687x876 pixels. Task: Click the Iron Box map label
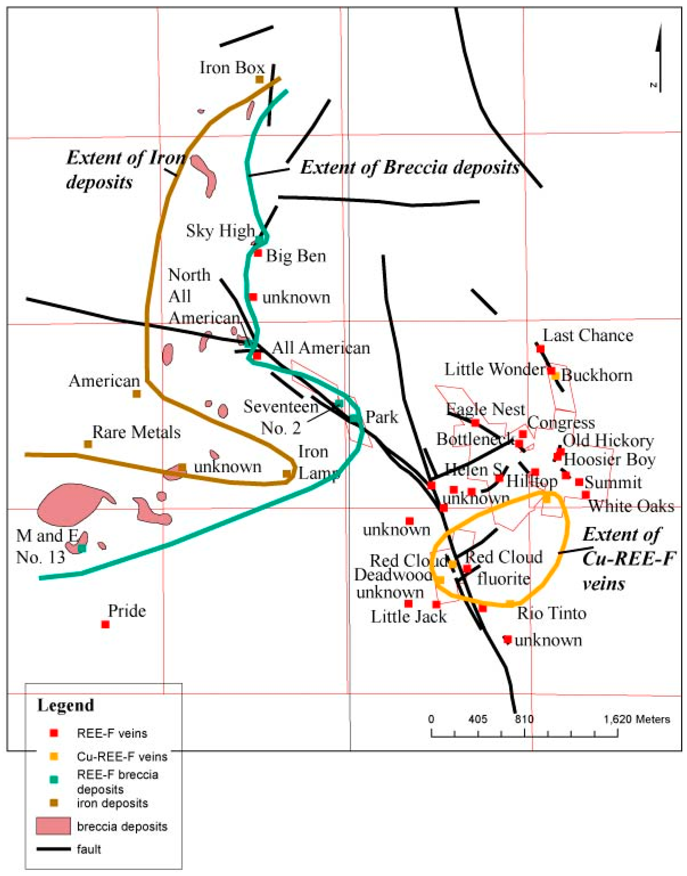[x=232, y=68]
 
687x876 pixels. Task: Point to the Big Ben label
[x=296, y=256]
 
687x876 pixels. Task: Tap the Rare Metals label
[x=136, y=432]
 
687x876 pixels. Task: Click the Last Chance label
[x=588, y=335]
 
